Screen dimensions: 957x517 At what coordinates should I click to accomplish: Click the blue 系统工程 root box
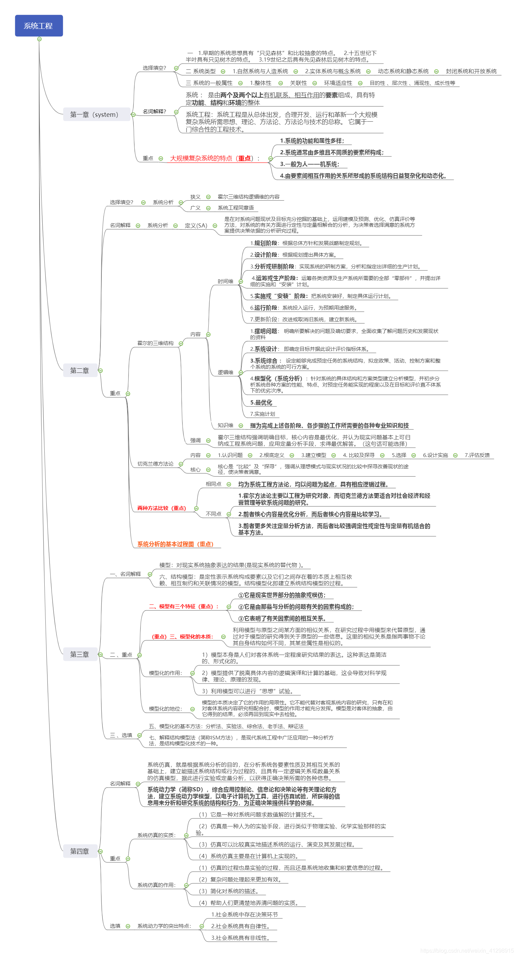click(x=38, y=26)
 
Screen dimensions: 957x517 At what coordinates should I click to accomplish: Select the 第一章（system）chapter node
click(x=94, y=114)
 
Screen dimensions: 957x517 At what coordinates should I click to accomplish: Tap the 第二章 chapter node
click(x=79, y=370)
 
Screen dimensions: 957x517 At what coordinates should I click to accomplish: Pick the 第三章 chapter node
click(x=79, y=654)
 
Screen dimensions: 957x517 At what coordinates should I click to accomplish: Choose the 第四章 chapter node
click(x=79, y=851)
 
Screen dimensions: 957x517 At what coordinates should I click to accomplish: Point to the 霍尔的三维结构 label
click(x=155, y=343)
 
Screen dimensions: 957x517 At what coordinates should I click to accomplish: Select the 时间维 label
click(x=225, y=281)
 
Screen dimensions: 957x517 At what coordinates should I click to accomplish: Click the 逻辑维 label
click(x=225, y=372)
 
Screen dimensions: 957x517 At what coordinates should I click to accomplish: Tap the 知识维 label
click(x=225, y=425)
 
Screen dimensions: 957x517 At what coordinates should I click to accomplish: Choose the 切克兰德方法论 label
click(x=155, y=464)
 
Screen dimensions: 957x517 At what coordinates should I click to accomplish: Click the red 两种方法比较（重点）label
click(x=162, y=508)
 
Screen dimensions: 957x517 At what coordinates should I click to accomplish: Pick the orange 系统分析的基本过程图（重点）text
click(x=175, y=544)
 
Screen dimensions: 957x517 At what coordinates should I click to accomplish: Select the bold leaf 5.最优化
click(x=261, y=402)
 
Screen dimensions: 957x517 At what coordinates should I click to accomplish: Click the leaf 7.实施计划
click(x=262, y=414)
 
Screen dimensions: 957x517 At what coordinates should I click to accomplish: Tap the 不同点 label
click(x=213, y=514)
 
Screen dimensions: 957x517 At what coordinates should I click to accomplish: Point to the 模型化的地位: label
click(x=165, y=709)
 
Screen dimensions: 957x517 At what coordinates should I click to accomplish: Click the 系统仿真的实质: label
click(x=156, y=835)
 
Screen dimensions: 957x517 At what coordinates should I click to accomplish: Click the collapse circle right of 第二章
click(x=100, y=370)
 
